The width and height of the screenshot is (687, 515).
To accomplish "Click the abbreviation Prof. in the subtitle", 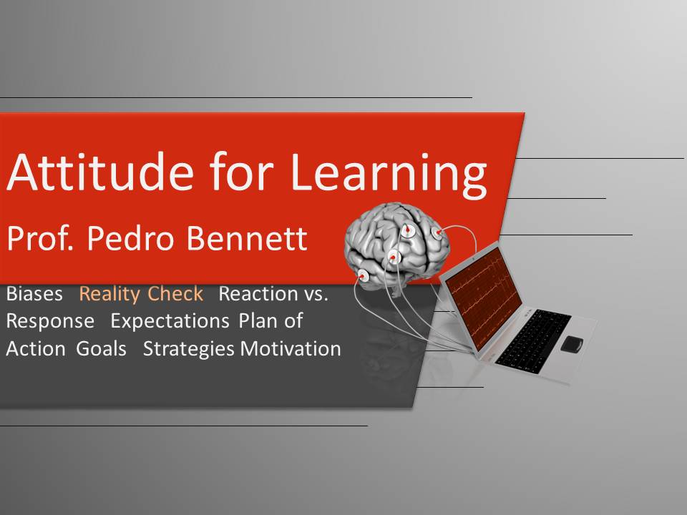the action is coord(40,238).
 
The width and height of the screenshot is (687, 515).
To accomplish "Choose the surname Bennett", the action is coord(247,238).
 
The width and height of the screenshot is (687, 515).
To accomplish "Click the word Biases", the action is coord(34,293).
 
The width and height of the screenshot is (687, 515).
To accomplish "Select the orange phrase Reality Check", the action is coord(141,294).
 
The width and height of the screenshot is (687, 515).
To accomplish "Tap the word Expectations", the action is coord(170,321).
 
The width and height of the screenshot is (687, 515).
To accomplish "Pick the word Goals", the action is coord(101,349).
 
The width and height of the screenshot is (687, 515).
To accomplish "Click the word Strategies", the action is coord(189,350).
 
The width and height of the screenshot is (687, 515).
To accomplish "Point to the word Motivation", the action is coord(291,349).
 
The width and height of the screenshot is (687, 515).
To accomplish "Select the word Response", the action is coord(50,322).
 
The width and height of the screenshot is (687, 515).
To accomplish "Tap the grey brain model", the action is coord(397,245).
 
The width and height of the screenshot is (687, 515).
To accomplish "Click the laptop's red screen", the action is coord(484,298).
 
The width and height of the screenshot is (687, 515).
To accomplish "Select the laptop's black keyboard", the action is coord(534,342).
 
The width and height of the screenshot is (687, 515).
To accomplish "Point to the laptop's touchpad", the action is coord(572,344).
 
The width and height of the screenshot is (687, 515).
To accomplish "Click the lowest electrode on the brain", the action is coord(364,276).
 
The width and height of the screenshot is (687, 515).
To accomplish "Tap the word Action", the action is coord(36,349).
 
